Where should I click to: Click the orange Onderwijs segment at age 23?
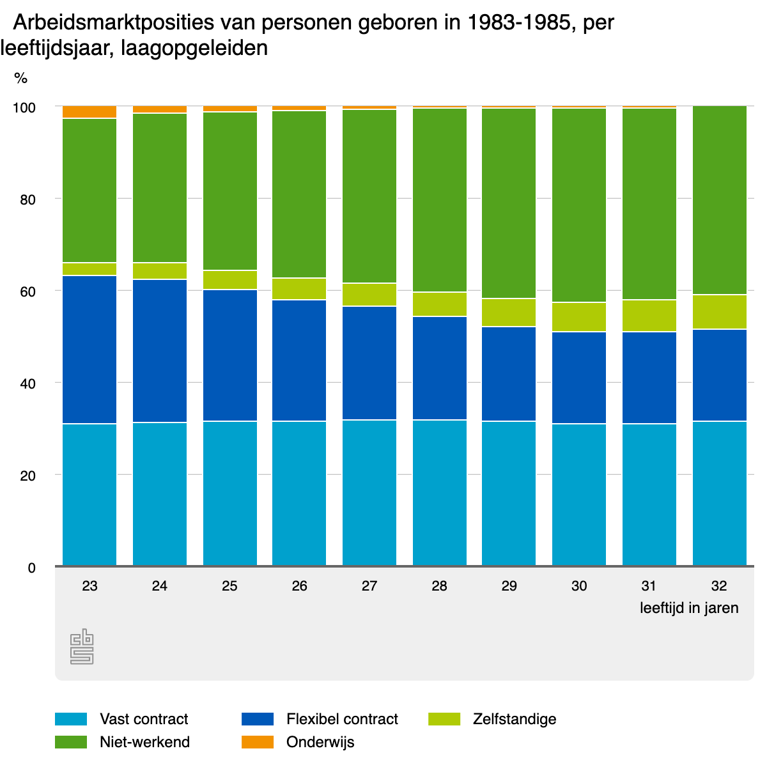pos(89,112)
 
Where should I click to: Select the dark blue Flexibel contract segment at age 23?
pos(89,350)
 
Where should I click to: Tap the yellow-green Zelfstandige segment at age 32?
pos(719,312)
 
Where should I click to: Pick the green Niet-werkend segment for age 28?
pos(440,200)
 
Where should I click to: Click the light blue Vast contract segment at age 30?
pos(579,494)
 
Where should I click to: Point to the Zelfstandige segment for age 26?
pos(299,289)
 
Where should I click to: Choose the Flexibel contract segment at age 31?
pos(649,377)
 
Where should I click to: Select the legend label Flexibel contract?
pos(342,719)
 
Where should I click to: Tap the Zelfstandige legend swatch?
pos(444,719)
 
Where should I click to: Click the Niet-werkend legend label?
pos(144,742)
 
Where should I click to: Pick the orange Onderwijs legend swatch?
pos(258,742)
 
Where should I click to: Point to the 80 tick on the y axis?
pos(27,199)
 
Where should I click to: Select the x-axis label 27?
pos(369,585)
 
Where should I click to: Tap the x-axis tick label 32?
pos(719,585)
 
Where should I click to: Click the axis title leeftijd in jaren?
pos(689,608)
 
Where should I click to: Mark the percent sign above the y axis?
pos(21,79)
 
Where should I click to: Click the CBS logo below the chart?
pos(82,647)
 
